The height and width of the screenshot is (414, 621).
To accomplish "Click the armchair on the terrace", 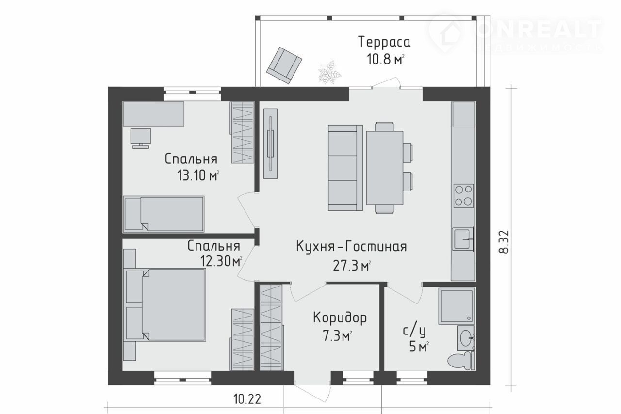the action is (284, 65).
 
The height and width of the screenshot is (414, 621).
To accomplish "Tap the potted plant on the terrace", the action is (329, 72).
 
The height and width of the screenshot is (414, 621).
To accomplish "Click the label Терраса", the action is (385, 42).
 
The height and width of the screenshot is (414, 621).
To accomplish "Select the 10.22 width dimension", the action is (247, 399).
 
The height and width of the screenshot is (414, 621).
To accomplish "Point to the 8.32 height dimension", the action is (504, 241).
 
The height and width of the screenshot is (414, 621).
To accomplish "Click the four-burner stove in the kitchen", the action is (463, 196).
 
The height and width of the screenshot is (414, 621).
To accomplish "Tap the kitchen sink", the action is (463, 239).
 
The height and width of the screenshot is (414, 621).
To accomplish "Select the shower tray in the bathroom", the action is (457, 306).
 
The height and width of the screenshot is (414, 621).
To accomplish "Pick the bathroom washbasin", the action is (466, 338).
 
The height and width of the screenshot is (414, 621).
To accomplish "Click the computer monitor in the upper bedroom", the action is (141, 138).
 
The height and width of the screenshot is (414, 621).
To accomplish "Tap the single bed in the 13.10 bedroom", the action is (163, 214).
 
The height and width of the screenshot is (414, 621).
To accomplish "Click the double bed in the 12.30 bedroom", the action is (165, 305).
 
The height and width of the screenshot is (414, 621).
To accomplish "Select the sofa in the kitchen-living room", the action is (345, 168).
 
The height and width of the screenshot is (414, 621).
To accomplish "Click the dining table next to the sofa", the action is (385, 168).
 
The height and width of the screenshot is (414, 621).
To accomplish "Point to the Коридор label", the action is (340, 318).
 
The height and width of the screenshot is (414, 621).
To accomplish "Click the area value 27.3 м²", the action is (352, 266).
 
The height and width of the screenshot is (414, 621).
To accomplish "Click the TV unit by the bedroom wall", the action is (270, 143).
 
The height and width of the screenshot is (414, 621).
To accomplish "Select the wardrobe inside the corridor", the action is (271, 327).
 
